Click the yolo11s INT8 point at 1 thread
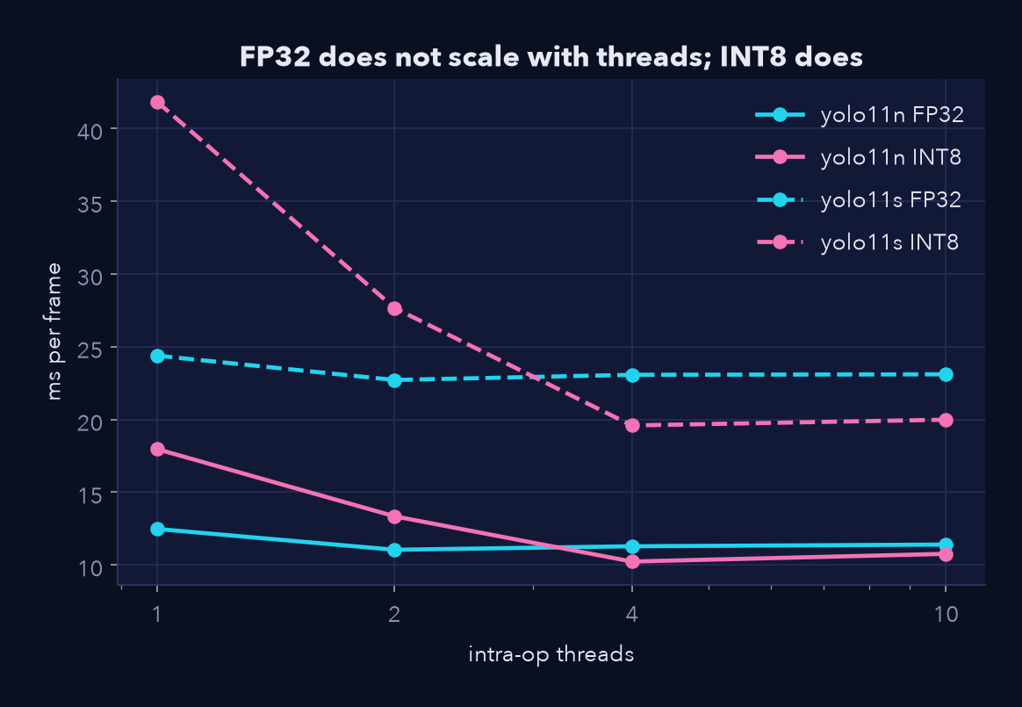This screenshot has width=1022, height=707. click(157, 103)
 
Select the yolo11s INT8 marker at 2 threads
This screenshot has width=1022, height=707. click(394, 308)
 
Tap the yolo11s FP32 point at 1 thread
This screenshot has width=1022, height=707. click(157, 356)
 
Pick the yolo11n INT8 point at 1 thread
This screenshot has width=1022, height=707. click(157, 450)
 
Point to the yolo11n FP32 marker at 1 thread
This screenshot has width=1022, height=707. click(157, 529)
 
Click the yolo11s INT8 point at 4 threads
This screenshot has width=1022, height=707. click(632, 425)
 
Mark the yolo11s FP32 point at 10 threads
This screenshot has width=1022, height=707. click(946, 374)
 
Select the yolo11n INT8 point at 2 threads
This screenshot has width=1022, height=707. click(394, 516)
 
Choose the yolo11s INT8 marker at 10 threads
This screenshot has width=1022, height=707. click(946, 420)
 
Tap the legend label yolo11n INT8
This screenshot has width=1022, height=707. click(890, 158)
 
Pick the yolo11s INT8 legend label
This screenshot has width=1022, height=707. click(889, 242)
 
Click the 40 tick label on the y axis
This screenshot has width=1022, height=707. click(90, 131)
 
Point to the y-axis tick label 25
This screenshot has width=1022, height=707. click(90, 350)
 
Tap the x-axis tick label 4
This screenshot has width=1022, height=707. click(632, 614)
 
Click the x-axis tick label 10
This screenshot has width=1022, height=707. click(946, 614)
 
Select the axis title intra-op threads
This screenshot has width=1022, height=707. click(551, 654)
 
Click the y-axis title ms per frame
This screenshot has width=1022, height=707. click(54, 331)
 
